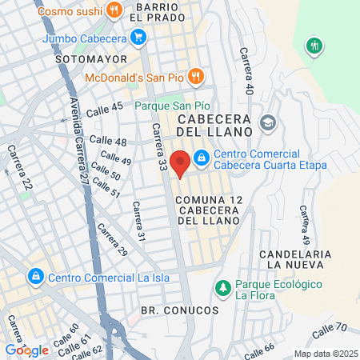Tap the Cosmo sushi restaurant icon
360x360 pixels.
[x=114, y=10]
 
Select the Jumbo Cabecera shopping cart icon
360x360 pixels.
[x=138, y=37]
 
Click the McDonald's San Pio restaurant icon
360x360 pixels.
[x=197, y=77]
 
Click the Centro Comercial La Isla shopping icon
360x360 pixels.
[x=35, y=278]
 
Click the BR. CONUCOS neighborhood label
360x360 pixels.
[x=179, y=309]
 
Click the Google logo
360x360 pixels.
[x=26, y=350]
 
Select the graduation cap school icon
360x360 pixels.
[x=267, y=123]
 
